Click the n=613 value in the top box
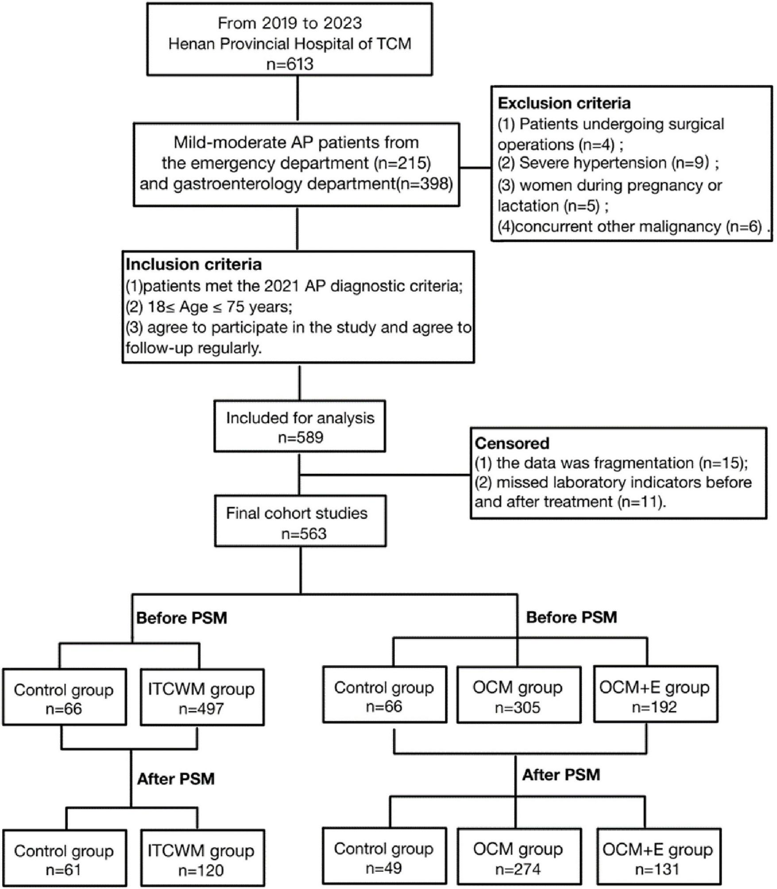tap(290, 64)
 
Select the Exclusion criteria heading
tap(564, 103)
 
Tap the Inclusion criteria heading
tap(193, 265)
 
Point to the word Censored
tap(512, 443)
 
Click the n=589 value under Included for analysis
tap(300, 438)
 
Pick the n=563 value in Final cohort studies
tap(304, 534)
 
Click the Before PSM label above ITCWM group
tap(182, 618)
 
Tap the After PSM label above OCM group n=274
tap(561, 775)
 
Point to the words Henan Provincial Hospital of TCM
tap(290, 44)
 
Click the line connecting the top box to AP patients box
tap(298, 99)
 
